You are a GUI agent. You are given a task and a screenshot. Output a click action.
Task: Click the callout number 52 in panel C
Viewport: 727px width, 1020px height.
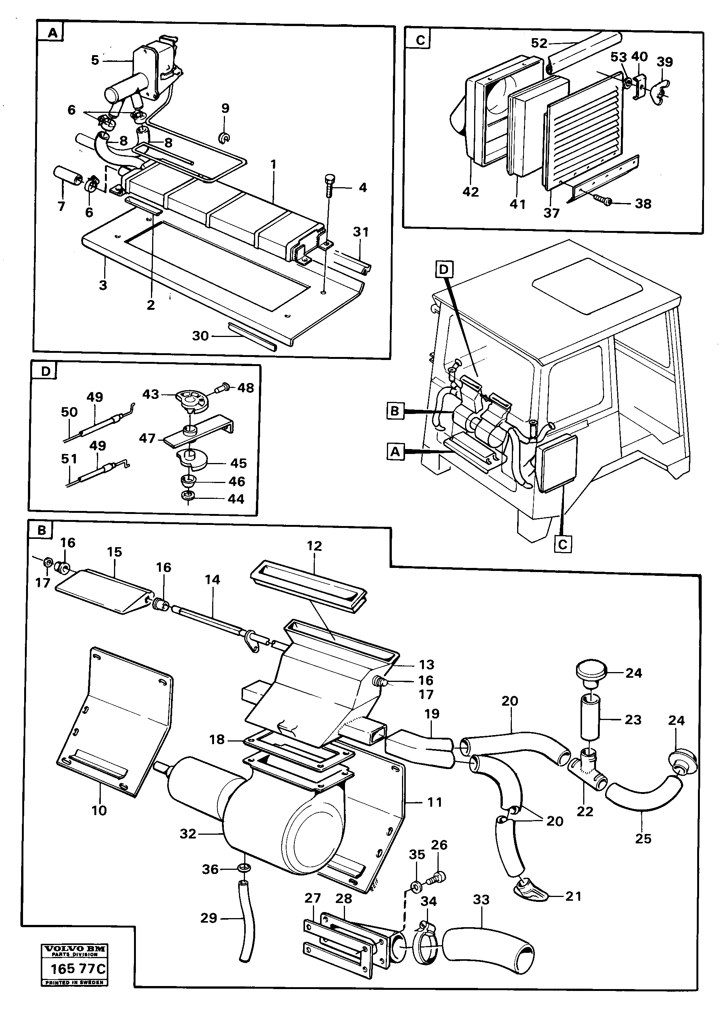click(x=539, y=43)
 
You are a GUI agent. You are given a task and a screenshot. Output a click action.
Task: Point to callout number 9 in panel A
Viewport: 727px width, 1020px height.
click(x=225, y=108)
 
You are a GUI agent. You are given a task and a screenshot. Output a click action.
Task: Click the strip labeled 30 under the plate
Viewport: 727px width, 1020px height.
click(x=252, y=336)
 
